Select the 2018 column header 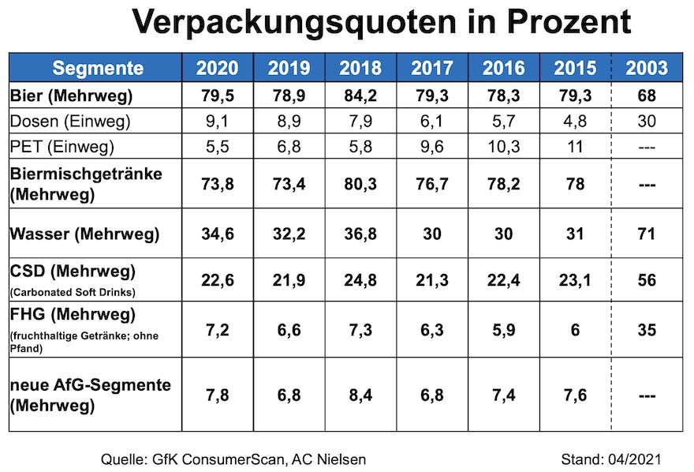point(360,68)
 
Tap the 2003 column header point(647,68)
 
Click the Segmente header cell point(98,68)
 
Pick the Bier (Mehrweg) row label point(72,97)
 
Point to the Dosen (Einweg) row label point(71,122)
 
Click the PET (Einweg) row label point(63,146)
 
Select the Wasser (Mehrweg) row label point(84,234)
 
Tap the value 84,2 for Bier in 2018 point(360,97)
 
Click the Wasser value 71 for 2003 point(647,234)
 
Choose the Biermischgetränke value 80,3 point(360,185)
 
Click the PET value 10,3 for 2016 point(503,146)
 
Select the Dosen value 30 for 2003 point(647,122)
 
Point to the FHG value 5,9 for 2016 point(503,329)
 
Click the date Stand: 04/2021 point(610,459)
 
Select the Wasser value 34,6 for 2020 point(217,234)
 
